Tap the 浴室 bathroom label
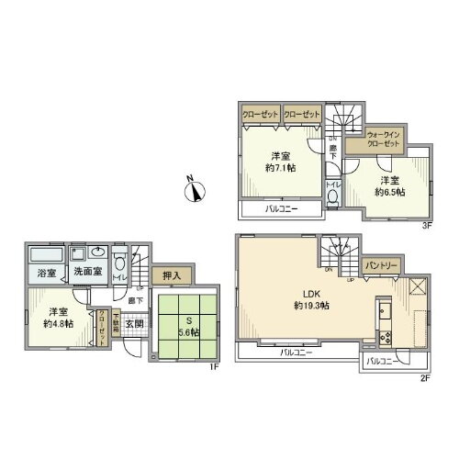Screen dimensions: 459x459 [x=46, y=272]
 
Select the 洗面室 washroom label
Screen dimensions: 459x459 [x=87, y=272]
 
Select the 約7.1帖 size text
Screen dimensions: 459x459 [x=279, y=168]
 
